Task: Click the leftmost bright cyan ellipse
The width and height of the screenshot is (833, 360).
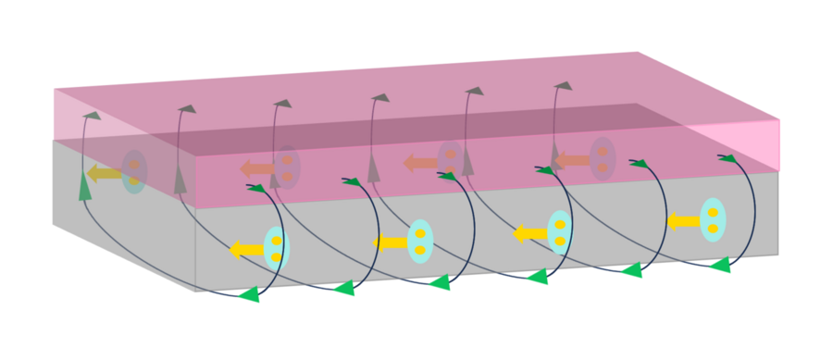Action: (x=277, y=248)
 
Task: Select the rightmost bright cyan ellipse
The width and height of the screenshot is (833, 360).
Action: (x=713, y=220)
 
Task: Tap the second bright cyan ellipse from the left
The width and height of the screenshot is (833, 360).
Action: (x=420, y=242)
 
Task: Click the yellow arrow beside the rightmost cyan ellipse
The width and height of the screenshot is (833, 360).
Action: (x=683, y=221)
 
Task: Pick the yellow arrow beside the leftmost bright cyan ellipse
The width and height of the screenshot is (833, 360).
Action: (x=246, y=249)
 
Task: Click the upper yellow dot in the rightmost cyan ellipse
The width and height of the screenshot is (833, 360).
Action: (x=713, y=213)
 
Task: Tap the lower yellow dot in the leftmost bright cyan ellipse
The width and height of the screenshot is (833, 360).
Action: (x=277, y=257)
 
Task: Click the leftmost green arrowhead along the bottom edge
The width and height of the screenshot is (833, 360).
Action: (x=249, y=294)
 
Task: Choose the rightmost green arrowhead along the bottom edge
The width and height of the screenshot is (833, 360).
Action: (x=720, y=266)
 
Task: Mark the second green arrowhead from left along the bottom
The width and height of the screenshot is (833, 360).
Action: (x=344, y=288)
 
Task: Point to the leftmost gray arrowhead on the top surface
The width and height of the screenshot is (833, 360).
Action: (x=91, y=115)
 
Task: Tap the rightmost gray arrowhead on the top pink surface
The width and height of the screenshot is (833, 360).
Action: (x=563, y=86)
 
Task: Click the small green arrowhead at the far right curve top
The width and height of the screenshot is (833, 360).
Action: (x=728, y=158)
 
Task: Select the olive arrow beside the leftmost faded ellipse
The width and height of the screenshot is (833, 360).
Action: (x=104, y=173)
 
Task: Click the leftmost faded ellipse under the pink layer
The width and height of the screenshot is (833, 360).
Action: (x=134, y=172)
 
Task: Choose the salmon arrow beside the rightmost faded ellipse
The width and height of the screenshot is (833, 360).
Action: (x=572, y=160)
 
